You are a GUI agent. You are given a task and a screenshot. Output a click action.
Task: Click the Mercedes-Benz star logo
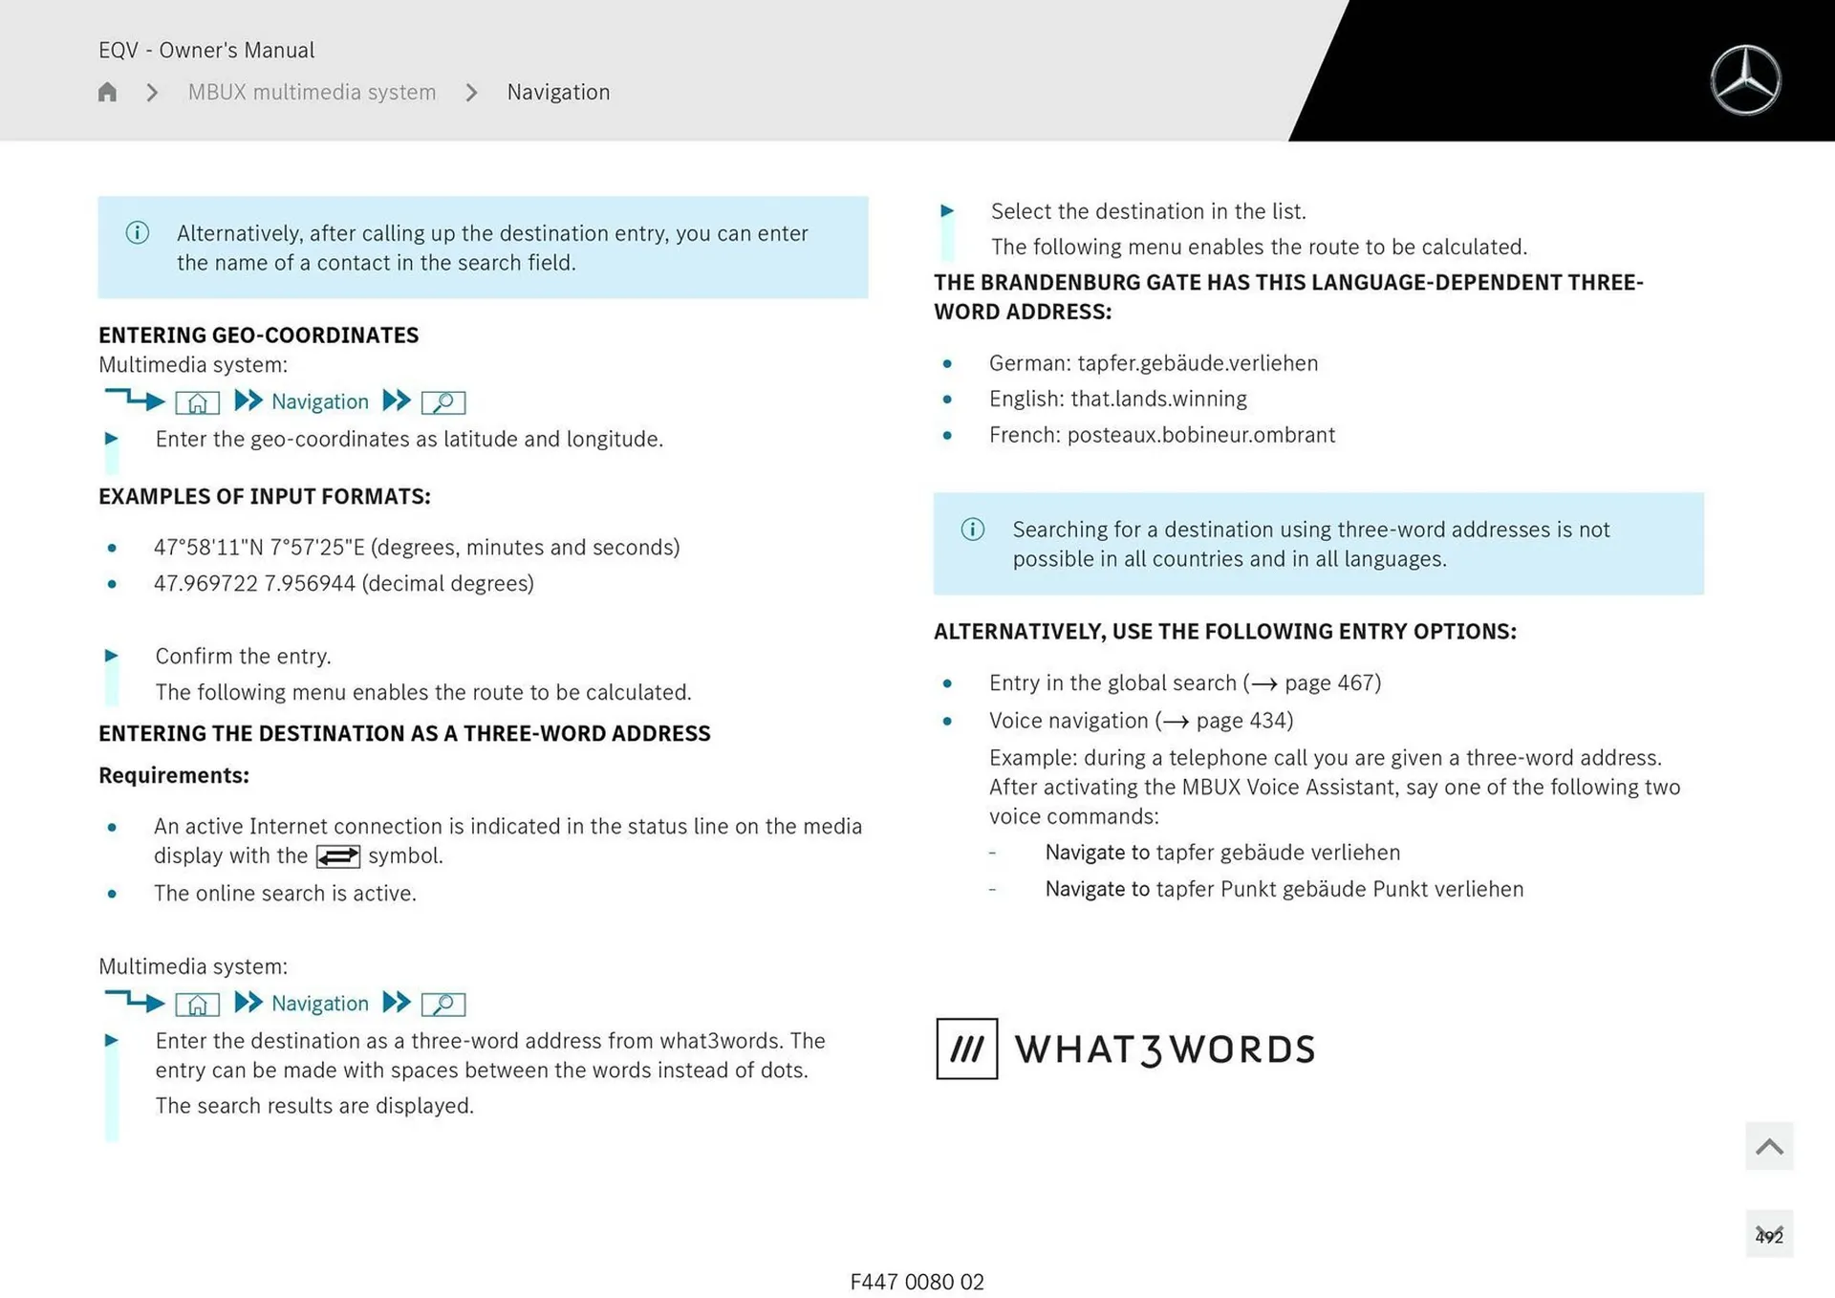[1745, 80]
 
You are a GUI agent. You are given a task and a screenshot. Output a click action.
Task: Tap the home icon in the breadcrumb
[107, 92]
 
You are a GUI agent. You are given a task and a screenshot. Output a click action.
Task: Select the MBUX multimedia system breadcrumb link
[312, 92]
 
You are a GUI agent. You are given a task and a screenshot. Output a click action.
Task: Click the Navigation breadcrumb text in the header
[558, 92]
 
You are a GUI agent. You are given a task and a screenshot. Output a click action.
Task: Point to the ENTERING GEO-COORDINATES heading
[258, 335]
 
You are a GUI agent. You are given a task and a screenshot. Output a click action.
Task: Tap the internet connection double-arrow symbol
[338, 856]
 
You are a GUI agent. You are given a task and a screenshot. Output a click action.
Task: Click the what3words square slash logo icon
[966, 1049]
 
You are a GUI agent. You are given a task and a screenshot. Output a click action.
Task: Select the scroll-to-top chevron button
[1768, 1146]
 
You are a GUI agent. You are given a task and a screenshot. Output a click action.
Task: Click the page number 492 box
[1768, 1235]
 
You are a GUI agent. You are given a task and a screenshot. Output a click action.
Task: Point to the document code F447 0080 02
[917, 1282]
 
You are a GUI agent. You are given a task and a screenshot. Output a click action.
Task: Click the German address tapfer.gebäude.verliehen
[1197, 363]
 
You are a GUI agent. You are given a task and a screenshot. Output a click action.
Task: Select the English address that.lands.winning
[1158, 399]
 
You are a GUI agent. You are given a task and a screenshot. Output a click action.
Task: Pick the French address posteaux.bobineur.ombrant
[1200, 435]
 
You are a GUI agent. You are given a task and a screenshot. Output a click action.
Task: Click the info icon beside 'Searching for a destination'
[972, 529]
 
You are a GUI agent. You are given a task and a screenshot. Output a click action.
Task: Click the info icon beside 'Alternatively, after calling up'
[137, 232]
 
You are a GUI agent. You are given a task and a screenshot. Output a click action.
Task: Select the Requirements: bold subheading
[174, 775]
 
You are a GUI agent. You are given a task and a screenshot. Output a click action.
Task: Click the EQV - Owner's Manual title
[206, 50]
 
